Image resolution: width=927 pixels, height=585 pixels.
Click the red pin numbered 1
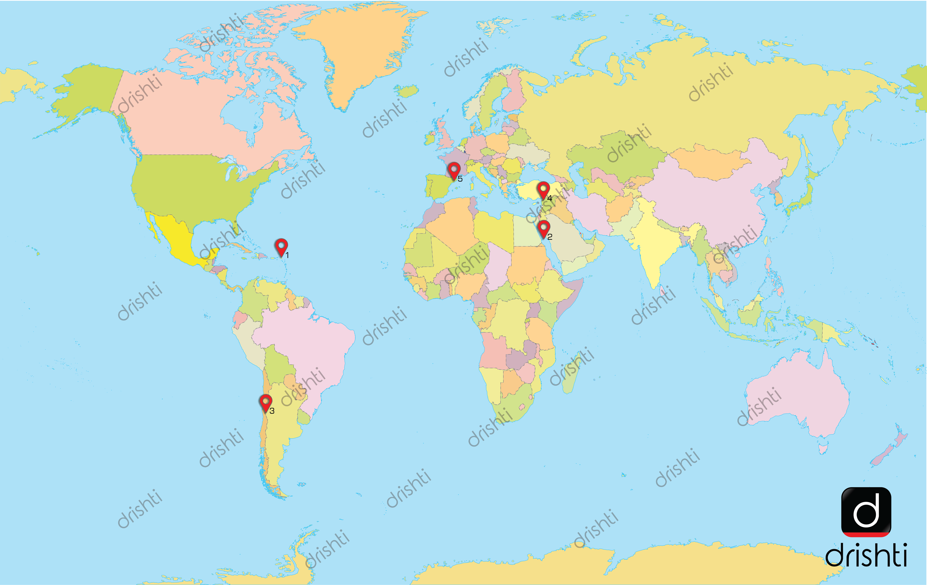click(x=281, y=246)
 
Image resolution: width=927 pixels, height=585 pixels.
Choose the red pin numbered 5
click(x=454, y=170)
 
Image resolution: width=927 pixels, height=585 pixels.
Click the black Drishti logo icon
click(x=866, y=512)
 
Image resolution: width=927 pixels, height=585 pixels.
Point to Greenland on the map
click(x=358, y=50)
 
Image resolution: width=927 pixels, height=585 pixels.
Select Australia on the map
click(x=797, y=397)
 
